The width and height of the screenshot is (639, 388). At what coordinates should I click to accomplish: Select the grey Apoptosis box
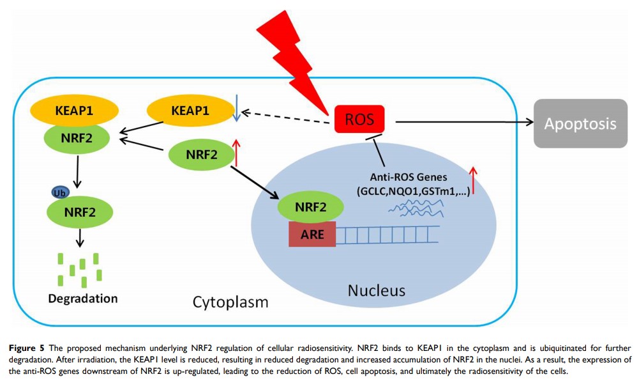[580, 123]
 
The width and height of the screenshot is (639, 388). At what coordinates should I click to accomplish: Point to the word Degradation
[82, 299]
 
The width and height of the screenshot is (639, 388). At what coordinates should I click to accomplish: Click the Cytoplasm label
[230, 302]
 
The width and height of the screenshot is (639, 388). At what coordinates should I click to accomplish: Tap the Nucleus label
[376, 291]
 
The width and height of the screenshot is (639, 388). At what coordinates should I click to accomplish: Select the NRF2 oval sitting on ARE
[311, 206]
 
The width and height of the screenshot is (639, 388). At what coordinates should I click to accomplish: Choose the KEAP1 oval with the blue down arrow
[190, 111]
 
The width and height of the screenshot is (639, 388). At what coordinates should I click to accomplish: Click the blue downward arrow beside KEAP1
[237, 109]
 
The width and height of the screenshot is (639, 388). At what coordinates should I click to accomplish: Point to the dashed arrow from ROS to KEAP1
[288, 117]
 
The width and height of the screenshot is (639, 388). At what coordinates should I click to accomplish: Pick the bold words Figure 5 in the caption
[27, 348]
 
